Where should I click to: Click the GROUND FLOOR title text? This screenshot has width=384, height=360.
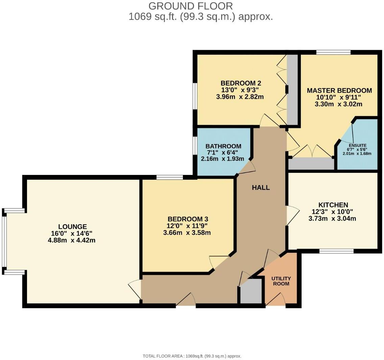(191, 6)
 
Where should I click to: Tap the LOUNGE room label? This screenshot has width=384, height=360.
(72, 227)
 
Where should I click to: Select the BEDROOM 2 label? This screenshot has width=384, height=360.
(241, 83)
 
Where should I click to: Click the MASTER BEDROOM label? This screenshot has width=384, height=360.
(339, 90)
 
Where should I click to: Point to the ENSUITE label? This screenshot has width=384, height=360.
(358, 145)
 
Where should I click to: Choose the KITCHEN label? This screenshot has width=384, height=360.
(333, 205)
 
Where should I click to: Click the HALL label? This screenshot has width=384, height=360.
(261, 187)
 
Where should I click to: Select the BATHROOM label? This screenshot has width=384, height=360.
(223, 146)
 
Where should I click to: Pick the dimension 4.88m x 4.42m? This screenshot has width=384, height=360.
(72, 241)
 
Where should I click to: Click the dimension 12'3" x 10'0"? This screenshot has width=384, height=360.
(333, 212)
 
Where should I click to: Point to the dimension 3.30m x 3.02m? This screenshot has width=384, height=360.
(338, 104)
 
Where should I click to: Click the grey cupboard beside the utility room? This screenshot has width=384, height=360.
(251, 291)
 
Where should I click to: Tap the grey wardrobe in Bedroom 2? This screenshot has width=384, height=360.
(292, 90)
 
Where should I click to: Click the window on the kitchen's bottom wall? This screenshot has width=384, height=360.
(336, 251)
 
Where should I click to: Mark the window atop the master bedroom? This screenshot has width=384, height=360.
(333, 52)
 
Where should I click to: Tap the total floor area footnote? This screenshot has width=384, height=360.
(192, 356)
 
